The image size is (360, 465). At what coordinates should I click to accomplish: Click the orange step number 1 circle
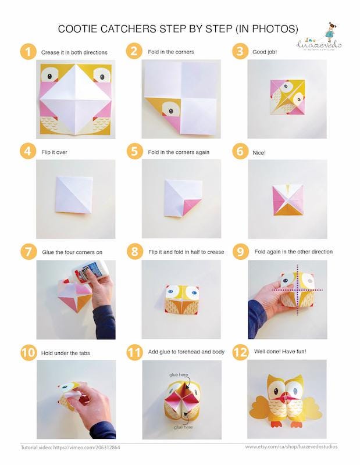27,52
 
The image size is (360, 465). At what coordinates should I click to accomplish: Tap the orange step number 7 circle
27,252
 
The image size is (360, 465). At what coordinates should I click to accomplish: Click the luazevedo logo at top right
321,38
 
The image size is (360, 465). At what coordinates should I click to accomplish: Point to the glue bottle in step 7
85,277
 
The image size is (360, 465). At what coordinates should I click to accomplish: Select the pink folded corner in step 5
191,205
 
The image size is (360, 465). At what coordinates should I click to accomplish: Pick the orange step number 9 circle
240,252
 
